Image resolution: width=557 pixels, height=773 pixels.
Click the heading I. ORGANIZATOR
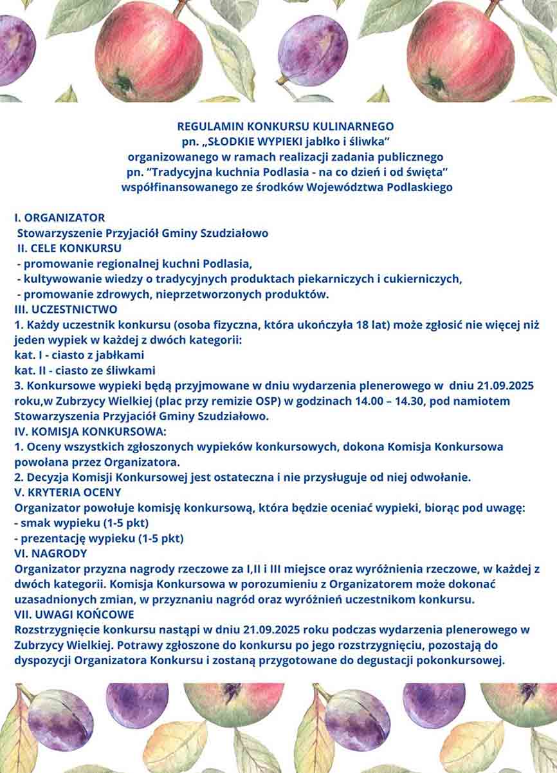coord(59,218)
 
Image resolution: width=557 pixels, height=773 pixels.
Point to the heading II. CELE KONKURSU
coord(69,248)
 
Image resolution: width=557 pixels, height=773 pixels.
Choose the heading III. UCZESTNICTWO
coord(66,310)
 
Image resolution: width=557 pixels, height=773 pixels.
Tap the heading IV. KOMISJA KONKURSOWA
coord(90,431)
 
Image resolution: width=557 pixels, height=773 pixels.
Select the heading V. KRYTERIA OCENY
coord(68,492)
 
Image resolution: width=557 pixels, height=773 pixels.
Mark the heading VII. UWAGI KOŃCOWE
coord(74,615)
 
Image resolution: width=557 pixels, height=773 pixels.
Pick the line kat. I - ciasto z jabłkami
coord(79,355)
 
